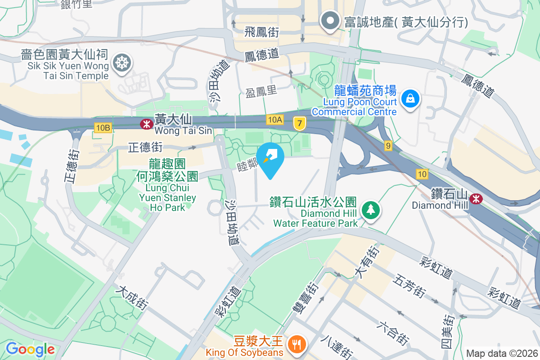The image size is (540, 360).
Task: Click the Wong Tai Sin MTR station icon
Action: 147,124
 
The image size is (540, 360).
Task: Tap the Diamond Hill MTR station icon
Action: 475,198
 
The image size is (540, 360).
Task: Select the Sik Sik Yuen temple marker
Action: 121,63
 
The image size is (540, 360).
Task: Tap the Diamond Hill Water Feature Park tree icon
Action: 370,210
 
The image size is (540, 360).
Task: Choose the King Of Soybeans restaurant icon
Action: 296,344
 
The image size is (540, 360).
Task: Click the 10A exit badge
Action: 274,119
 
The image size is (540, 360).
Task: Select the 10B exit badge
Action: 103,128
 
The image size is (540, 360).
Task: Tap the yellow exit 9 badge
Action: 388,145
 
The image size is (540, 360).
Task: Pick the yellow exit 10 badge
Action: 422,174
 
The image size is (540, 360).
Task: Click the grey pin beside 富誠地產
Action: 330,21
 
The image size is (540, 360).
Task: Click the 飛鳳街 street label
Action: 262,32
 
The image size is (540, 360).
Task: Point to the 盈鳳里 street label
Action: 261,91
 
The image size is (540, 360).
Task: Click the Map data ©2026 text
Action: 501,354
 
